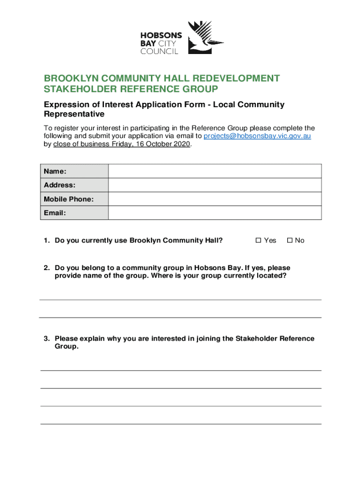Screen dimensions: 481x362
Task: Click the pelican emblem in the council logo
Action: click(205, 38)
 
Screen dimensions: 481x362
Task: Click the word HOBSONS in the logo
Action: click(160, 35)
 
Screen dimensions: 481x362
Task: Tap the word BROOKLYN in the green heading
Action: click(67, 78)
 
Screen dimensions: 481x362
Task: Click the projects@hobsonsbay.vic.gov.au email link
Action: click(257, 136)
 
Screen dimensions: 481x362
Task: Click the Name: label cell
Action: click(74, 171)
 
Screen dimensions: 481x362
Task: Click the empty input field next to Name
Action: click(215, 171)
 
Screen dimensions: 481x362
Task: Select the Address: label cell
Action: click(74, 185)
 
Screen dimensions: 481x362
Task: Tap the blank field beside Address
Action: click(215, 185)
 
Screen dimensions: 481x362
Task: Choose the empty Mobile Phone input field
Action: click(215, 199)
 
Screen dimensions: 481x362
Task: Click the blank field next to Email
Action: click(215, 213)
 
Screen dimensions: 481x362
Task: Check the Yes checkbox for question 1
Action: click(258, 240)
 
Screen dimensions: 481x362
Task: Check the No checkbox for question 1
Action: click(290, 240)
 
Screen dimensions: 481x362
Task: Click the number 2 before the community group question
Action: click(47, 268)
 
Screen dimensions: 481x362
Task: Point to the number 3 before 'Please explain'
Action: click(47, 338)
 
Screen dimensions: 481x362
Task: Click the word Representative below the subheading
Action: click(74, 114)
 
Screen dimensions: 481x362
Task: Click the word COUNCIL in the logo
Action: click(160, 51)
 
